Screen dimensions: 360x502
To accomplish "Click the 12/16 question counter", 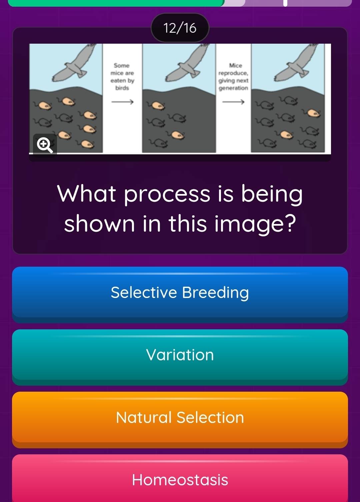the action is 180,28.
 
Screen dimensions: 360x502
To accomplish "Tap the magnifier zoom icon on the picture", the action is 45,145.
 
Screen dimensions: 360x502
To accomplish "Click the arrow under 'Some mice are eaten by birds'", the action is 122,102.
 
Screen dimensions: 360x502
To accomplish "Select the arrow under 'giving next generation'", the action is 233,102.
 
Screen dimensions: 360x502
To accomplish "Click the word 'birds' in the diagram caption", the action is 122,88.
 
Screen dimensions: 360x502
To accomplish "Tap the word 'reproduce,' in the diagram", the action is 233,73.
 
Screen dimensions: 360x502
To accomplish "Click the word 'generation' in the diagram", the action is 233,88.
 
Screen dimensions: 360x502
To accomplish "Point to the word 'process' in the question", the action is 167,194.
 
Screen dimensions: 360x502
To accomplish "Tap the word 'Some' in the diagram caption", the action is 122,65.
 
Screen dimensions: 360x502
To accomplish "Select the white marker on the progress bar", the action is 285,3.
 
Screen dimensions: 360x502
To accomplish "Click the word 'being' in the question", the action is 272,194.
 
